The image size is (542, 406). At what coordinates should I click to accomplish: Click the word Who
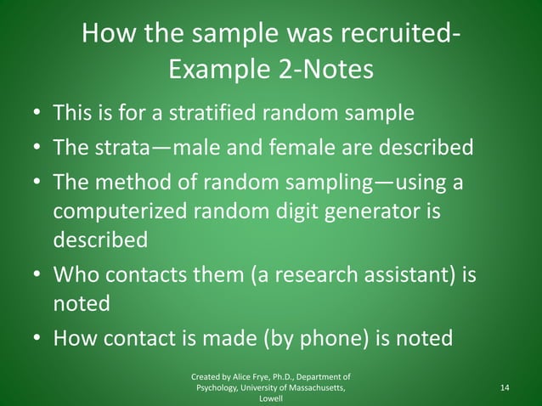coord(76,276)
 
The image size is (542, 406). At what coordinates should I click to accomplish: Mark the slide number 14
coord(505,387)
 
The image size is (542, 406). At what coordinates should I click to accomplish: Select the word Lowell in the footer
coord(271,398)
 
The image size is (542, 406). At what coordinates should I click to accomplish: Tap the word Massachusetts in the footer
coord(311,387)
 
